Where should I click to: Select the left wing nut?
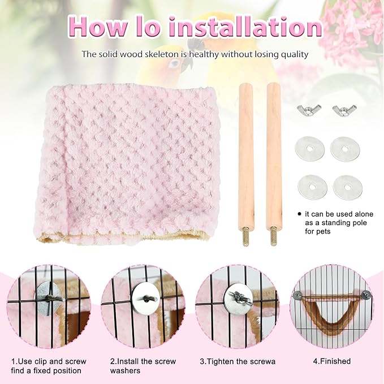point(309,110)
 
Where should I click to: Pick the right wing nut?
point(344,110)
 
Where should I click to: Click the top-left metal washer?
point(310,149)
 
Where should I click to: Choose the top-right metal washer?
point(345,149)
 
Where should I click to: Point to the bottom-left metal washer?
point(312,187)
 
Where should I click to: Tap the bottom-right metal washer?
point(347,187)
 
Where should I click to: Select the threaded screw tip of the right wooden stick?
point(273,236)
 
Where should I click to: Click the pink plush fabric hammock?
point(128,163)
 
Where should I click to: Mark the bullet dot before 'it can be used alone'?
point(299,214)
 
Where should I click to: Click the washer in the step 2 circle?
point(145,299)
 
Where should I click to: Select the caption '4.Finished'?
point(332,361)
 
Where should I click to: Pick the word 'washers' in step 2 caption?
point(125,370)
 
